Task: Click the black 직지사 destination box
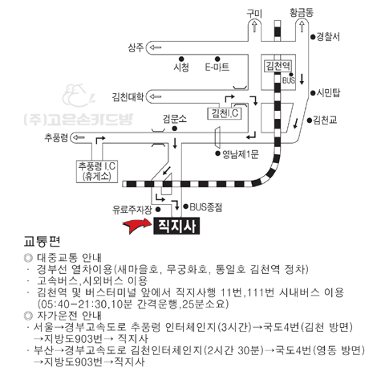pyautogui.click(x=176, y=226)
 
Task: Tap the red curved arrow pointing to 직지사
pyautogui.click(x=137, y=226)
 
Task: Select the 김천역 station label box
pyautogui.click(x=278, y=66)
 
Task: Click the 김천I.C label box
pyautogui.click(x=225, y=113)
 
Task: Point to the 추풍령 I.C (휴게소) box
pyautogui.click(x=97, y=171)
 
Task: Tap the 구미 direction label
pyautogui.click(x=254, y=14)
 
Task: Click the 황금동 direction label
pyautogui.click(x=302, y=13)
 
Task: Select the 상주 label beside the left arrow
pyautogui.click(x=136, y=47)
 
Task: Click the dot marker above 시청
pyautogui.click(x=181, y=59)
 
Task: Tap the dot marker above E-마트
pyautogui.click(x=217, y=59)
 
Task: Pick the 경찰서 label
pyautogui.click(x=328, y=37)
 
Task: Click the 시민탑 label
pyautogui.click(x=328, y=93)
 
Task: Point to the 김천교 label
pyautogui.click(x=325, y=120)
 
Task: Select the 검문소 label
pyautogui.click(x=175, y=119)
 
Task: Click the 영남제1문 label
pyautogui.click(x=241, y=154)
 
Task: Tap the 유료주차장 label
pyautogui.click(x=132, y=210)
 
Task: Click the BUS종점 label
pyautogui.click(x=206, y=207)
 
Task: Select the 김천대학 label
pyautogui.click(x=128, y=96)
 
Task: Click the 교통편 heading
pyautogui.click(x=42, y=242)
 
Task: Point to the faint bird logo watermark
pyautogui.click(x=78, y=96)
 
